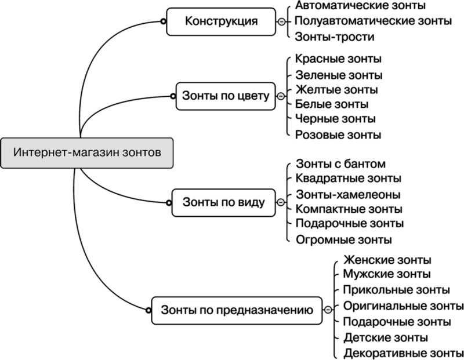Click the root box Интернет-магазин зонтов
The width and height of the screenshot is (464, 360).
click(87, 152)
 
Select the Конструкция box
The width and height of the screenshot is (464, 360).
click(221, 21)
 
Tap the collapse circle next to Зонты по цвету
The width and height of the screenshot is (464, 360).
click(281, 96)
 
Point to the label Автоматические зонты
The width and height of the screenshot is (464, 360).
click(360, 6)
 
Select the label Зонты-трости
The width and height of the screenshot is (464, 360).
click(335, 37)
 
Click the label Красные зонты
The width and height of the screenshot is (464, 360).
click(338, 59)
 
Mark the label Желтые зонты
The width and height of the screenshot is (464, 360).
click(336, 90)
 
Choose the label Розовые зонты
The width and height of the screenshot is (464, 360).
click(338, 135)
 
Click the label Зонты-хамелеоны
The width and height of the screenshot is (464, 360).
click(347, 194)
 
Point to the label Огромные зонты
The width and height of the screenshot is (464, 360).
click(343, 239)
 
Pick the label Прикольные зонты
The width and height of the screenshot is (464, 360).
click(396, 289)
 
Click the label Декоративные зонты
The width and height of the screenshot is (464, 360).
click(403, 352)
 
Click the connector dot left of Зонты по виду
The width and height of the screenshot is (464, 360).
click(169, 203)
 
